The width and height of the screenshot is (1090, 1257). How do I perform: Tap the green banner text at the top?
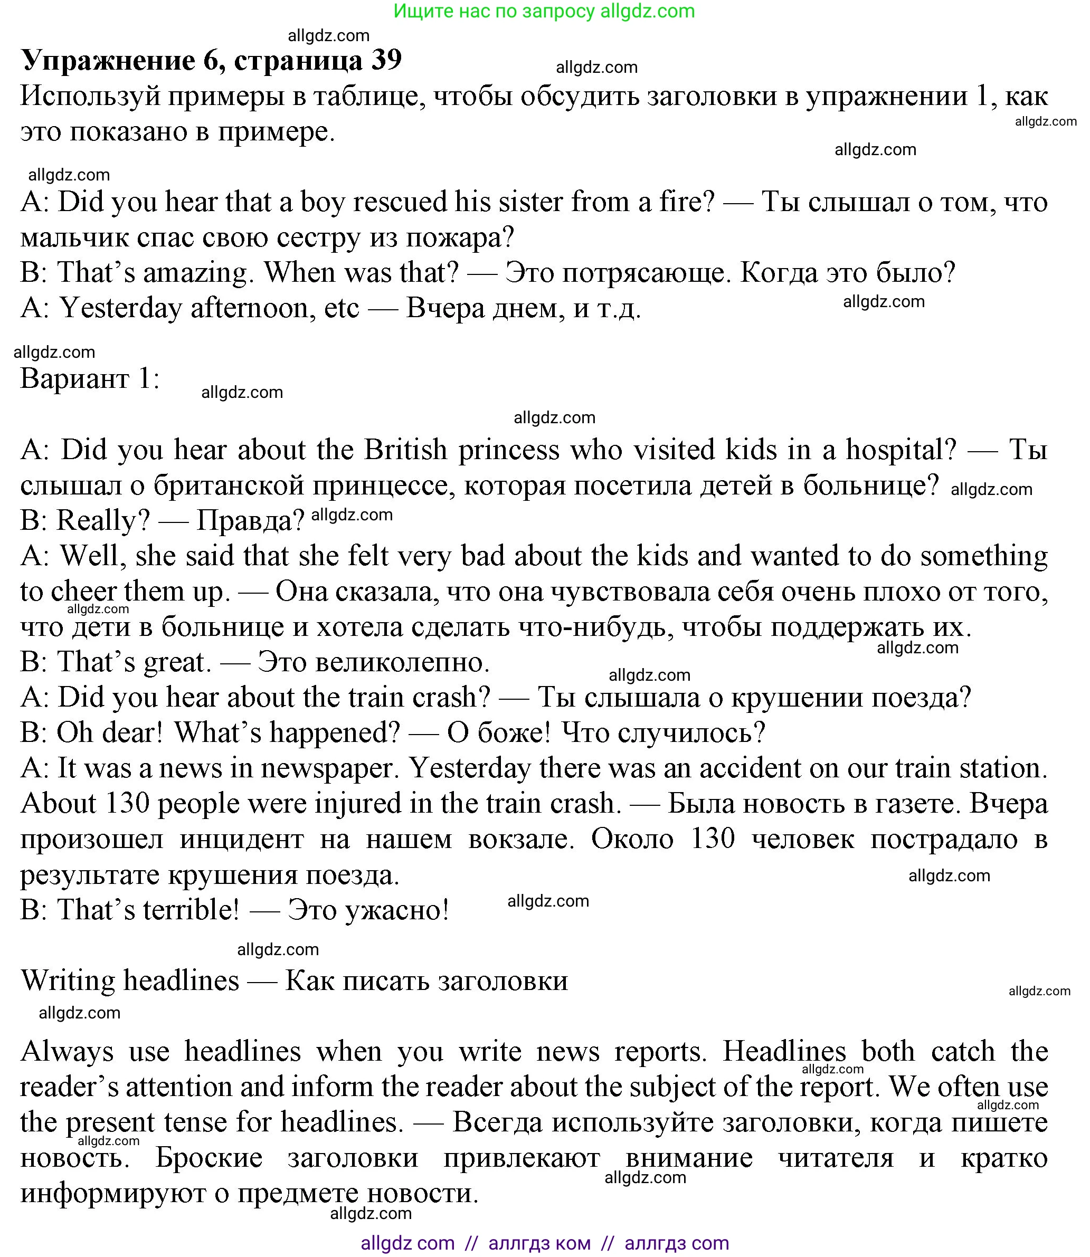tap(544, 11)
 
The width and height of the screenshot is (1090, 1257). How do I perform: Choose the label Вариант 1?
tap(90, 379)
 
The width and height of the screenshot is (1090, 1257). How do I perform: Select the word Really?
tap(103, 520)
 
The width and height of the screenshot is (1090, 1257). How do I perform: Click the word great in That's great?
tap(177, 662)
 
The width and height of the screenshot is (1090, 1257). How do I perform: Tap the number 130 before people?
tap(128, 803)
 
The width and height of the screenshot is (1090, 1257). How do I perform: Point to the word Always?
tap(67, 1051)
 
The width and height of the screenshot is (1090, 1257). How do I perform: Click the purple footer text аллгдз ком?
tap(539, 1243)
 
